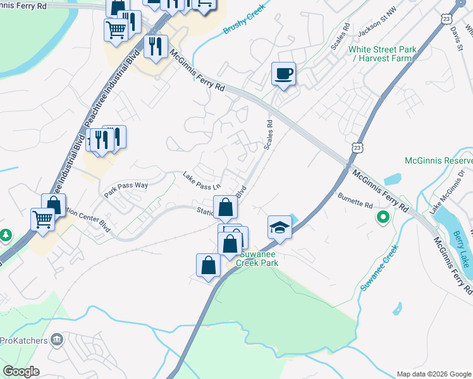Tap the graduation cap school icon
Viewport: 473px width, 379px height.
pyautogui.click(x=279, y=227)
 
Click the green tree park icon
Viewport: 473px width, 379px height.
pyautogui.click(x=6, y=236)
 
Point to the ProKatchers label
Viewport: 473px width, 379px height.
pyautogui.click(x=24, y=340)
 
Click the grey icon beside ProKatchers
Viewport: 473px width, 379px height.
pyautogui.click(x=57, y=340)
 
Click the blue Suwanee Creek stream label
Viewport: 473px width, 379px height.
pyautogui.click(x=379, y=268)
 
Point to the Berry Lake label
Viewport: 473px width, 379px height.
pyautogui.click(x=462, y=249)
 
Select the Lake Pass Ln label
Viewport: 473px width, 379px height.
pyautogui.click(x=202, y=182)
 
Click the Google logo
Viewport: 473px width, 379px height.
pyautogui.click(x=21, y=371)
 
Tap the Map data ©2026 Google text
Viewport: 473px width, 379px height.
pyautogui.click(x=433, y=374)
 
